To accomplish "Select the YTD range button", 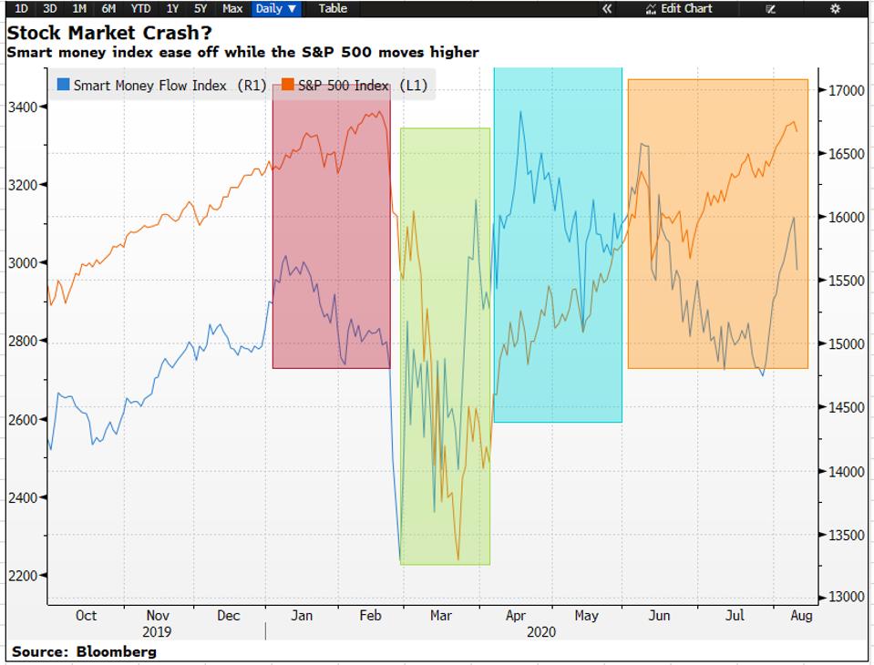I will click(x=140, y=8).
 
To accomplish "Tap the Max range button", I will click(x=232, y=8).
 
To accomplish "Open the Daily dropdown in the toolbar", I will click(x=276, y=8).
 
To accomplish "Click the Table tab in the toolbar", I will click(x=333, y=8).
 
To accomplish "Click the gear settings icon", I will click(x=835, y=8).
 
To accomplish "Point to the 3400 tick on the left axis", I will click(x=23, y=107).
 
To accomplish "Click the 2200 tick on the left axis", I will click(x=23, y=576).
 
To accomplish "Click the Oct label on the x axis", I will click(x=86, y=616).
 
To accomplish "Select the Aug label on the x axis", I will click(x=800, y=616).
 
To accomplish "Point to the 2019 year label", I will click(x=157, y=631).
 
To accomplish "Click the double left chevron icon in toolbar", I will click(x=607, y=8).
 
